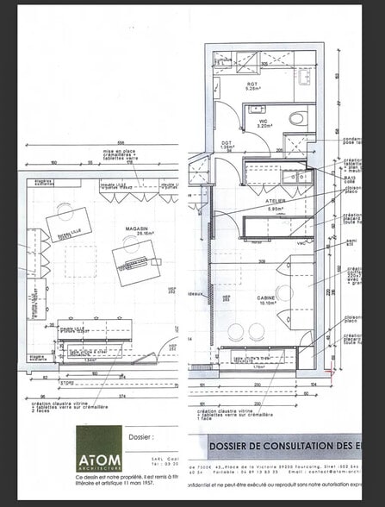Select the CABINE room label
click(266, 297)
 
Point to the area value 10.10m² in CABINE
click(266, 303)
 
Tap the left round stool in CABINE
click(238, 331)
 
